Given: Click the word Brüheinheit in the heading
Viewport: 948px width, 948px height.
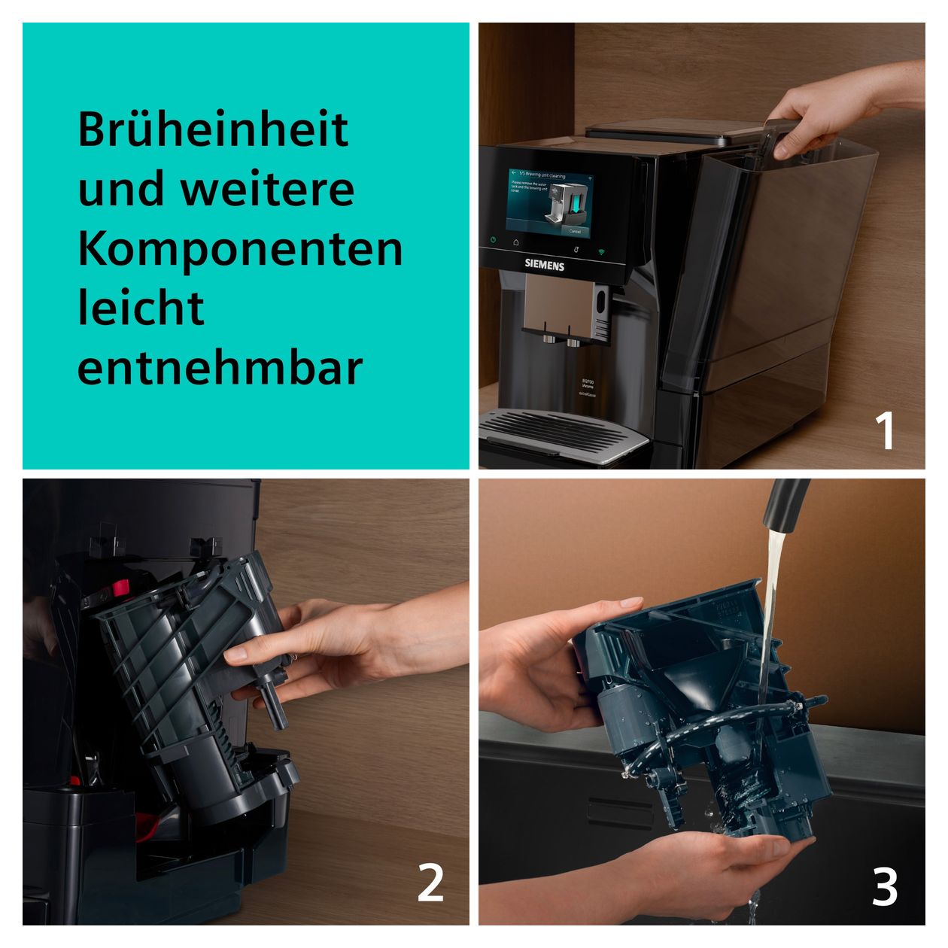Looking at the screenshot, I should point(213,129).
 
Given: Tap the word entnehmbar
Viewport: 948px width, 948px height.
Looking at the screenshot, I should point(220,368).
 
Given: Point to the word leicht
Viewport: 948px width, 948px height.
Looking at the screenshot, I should point(141,308).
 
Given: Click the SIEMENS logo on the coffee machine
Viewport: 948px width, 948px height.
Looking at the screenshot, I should point(544,265).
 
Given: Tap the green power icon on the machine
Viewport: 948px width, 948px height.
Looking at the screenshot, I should point(494,241).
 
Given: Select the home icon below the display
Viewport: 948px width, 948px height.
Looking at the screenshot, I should point(516,242).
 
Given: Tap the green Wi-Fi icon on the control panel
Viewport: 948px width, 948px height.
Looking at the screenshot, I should point(601,251).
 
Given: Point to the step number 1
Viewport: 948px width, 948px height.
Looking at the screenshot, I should point(886,430).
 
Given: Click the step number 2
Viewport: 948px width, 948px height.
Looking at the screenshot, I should point(430,883).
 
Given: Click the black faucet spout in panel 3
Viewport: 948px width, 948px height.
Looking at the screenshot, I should point(785,503).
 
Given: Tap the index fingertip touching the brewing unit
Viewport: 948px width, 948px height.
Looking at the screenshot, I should point(234,656).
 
